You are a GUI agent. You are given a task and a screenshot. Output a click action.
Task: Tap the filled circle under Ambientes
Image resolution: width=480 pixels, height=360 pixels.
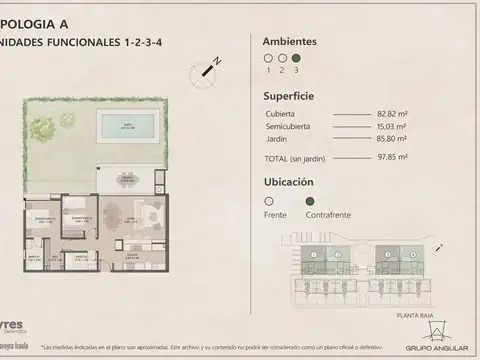296,59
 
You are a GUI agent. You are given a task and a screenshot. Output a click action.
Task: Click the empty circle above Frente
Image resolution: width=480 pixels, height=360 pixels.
268,200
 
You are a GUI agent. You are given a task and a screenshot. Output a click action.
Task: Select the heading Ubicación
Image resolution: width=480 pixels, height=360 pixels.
288,182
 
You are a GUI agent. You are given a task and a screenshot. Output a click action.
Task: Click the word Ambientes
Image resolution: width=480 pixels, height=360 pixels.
289,42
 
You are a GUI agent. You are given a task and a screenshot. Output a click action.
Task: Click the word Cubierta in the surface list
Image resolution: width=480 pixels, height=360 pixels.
280,116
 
